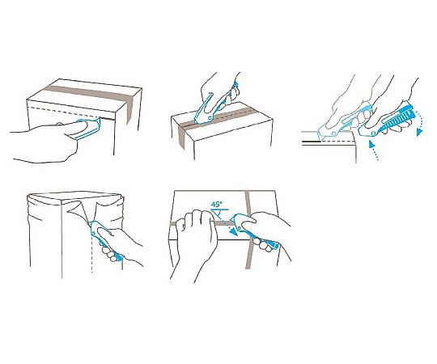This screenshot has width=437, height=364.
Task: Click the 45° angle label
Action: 217,204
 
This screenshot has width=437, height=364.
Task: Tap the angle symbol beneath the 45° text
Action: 219,213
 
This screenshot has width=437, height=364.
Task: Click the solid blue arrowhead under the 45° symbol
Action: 235,232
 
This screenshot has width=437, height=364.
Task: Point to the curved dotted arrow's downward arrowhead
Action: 419,133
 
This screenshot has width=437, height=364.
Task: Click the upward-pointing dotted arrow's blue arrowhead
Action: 371,144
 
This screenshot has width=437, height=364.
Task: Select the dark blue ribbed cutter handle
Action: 397,117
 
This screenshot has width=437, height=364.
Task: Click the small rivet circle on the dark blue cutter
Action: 373,134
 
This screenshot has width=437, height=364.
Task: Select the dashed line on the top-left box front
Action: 63,112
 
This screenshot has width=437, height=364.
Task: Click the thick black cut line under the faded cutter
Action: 312,142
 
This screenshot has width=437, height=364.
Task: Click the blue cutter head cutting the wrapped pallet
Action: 96,228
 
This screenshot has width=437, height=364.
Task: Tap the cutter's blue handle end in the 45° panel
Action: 272,244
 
